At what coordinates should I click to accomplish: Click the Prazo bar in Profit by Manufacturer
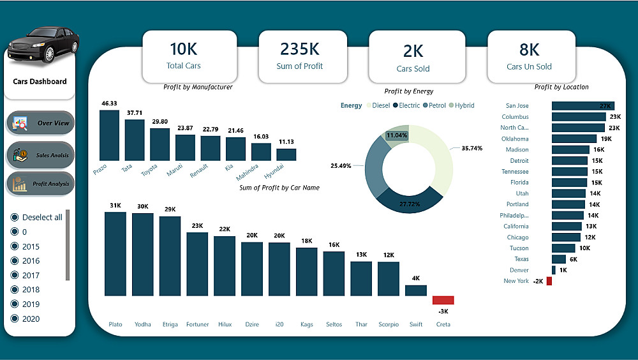109,135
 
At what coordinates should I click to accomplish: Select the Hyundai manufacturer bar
286,154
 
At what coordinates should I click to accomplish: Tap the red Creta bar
443,300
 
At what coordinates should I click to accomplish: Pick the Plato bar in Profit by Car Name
115,253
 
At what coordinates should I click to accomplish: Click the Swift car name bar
415,290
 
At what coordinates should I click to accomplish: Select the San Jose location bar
582,106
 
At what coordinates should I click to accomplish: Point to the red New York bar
549,281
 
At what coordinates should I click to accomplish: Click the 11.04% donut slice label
397,135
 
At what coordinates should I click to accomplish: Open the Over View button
41,123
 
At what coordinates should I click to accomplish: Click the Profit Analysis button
41,184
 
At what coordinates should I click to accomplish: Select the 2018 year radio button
15,290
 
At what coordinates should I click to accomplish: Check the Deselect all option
15,217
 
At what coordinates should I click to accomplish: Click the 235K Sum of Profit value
299,49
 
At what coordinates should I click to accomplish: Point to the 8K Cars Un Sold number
529,49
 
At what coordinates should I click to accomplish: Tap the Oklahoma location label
515,139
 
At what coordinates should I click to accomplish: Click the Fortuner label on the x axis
197,324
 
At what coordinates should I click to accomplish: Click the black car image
43,45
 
